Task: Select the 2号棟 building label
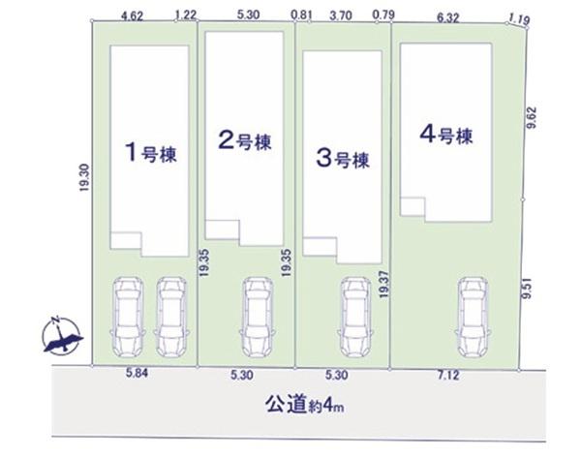(x=246, y=141)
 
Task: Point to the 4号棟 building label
(x=445, y=134)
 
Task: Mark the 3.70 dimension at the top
(x=340, y=15)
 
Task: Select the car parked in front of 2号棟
(x=257, y=316)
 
